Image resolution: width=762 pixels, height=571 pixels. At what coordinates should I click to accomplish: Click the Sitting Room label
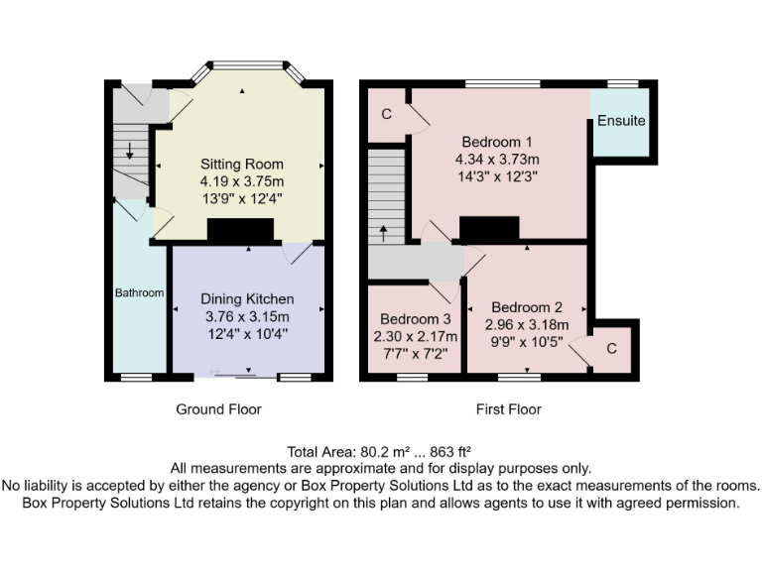(242, 164)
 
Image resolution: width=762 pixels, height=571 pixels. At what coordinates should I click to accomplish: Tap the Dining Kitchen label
(247, 298)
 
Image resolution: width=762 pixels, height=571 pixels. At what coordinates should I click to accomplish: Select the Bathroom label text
(139, 293)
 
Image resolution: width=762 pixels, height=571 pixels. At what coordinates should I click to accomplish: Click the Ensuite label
(621, 121)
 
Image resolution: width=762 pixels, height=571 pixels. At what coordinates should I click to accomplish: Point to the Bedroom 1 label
(497, 141)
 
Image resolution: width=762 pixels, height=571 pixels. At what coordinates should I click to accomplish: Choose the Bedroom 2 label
(526, 306)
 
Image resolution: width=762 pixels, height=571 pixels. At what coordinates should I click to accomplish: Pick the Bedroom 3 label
(416, 319)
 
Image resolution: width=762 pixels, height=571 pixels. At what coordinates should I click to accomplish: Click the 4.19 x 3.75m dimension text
(242, 181)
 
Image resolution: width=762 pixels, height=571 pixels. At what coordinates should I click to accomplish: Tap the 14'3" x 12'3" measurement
(497, 177)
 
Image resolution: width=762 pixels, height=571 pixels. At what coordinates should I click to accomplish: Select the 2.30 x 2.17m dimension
(416, 337)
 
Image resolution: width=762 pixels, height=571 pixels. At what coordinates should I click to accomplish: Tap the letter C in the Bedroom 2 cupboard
(611, 349)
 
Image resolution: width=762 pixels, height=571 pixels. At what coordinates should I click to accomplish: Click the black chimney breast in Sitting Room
(241, 230)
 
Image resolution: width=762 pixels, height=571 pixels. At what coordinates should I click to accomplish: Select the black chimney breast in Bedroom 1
(489, 228)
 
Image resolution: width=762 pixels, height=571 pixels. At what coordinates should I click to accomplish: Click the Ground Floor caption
(219, 408)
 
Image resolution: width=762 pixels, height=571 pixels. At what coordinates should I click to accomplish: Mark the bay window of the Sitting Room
(242, 66)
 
